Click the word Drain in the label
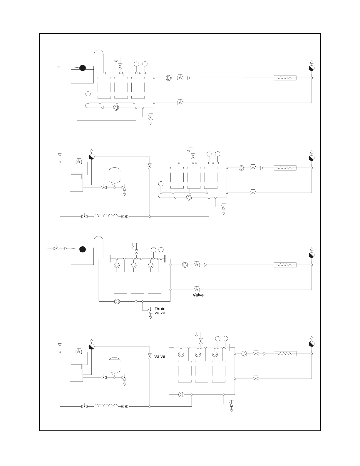pos(160,309)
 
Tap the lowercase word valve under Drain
pos(160,313)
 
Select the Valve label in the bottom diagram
pos(160,356)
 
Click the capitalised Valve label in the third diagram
pos(198,295)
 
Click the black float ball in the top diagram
pos(83,68)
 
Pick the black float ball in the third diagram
pos(83,249)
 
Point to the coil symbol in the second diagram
pos(106,215)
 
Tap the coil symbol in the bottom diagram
pos(106,405)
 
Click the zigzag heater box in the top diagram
pos(285,78)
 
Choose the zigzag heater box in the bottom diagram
pos(285,354)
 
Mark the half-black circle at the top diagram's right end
pos(312,68)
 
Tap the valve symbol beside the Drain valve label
pos(150,311)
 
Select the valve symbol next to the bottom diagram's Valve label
pos(149,356)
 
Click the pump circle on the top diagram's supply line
pos(169,78)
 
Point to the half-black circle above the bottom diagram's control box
pos(91,347)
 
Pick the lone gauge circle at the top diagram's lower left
pos(88,94)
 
